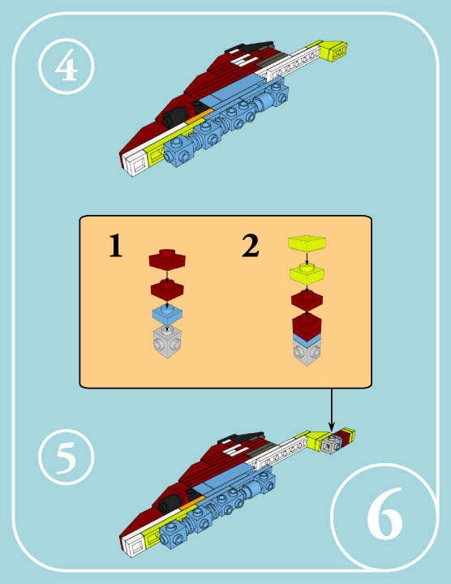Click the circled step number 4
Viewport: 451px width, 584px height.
click(67, 66)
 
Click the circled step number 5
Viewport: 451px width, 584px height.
click(67, 457)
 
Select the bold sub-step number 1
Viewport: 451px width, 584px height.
click(115, 246)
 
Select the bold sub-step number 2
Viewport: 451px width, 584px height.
click(251, 246)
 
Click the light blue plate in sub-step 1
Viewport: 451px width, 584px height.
click(167, 315)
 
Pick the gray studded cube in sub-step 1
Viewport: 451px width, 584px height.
click(167, 342)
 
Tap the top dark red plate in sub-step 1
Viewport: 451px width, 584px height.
click(167, 259)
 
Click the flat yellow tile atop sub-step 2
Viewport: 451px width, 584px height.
click(307, 243)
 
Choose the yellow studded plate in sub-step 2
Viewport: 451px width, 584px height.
click(307, 273)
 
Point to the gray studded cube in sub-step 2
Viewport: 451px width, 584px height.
click(307, 353)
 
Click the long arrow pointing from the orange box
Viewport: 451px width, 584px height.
click(332, 410)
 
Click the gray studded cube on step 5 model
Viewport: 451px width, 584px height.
click(332, 444)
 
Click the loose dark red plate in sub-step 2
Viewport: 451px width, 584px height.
click(307, 301)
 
